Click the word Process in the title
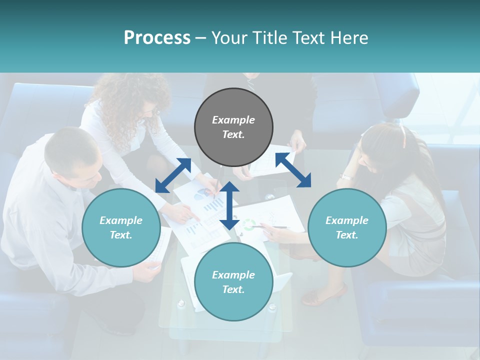157,38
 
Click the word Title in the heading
268,38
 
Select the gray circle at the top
233,127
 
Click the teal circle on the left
121,228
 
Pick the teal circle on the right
347,228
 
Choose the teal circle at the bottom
233,282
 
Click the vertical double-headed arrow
229,205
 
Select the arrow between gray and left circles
173,175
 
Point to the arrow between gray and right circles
293,170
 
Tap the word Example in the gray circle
233,120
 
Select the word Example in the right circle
347,220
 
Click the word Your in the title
228,38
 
